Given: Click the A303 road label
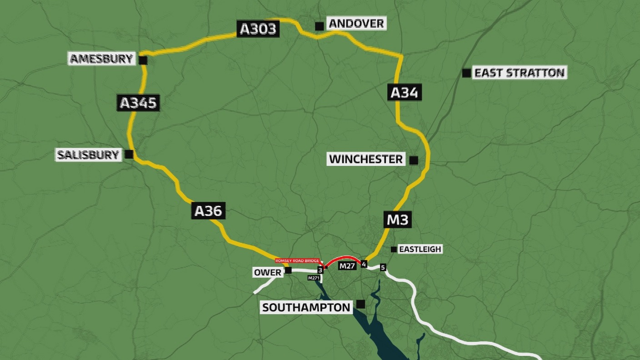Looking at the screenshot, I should click(258, 29).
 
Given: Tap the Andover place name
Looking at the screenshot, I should click(356, 24).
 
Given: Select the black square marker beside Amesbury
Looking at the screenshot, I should click(143, 60).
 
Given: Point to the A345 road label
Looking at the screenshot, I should click(138, 103).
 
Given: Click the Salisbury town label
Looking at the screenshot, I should click(88, 155).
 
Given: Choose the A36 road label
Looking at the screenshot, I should click(208, 211).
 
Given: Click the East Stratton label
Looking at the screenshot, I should click(519, 73).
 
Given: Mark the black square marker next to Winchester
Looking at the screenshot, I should click(414, 160).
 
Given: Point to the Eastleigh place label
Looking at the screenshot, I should click(420, 249).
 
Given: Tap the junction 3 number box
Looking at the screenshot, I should click(320, 270).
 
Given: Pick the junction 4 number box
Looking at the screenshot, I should click(364, 264).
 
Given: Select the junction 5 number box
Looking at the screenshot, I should click(383, 267).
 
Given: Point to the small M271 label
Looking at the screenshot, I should click(314, 278).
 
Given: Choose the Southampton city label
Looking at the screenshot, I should click(306, 307).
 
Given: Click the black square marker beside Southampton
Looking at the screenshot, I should click(361, 304).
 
